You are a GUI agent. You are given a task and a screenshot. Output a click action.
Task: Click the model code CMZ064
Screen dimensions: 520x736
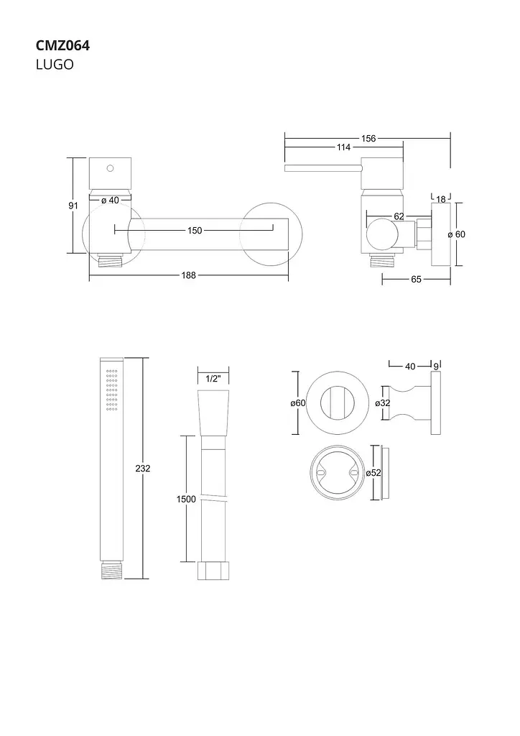tap(62, 45)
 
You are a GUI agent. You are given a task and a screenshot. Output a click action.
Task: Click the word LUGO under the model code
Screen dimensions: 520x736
tap(55, 65)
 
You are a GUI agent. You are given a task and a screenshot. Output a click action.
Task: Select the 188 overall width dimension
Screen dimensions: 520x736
tap(188, 275)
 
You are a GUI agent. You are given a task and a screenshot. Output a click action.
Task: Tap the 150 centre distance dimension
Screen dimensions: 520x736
tap(195, 231)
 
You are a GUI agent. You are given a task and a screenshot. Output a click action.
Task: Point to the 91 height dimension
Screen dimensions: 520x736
tap(73, 206)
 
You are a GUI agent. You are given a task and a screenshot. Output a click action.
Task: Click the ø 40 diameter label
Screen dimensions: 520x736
tap(110, 201)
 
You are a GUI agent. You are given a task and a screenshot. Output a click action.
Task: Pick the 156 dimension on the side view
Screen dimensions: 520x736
tap(368, 139)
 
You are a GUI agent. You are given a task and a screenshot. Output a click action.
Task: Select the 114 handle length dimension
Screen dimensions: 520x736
tap(344, 147)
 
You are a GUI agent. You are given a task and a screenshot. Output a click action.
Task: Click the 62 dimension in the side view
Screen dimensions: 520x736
tap(399, 216)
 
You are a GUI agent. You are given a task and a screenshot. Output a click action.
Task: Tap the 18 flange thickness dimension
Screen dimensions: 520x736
tap(441, 200)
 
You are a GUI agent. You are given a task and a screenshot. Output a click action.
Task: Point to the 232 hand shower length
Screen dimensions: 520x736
tap(142, 469)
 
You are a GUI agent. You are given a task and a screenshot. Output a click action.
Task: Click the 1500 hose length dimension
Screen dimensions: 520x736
tap(186, 500)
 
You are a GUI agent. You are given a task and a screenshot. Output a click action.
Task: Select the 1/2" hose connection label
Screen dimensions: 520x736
tap(213, 379)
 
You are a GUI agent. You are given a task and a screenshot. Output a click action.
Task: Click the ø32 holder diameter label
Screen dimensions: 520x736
tap(383, 402)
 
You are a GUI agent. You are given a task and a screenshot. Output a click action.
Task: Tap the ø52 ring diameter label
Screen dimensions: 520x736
tap(373, 473)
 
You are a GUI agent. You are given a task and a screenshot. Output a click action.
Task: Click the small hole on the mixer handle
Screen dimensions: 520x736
tap(110, 168)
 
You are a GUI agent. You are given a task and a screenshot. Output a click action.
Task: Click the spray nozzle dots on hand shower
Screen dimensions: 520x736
tap(111, 390)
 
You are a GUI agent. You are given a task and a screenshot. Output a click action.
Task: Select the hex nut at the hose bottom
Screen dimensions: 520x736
tap(213, 570)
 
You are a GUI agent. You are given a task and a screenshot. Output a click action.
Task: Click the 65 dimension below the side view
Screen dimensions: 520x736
tap(416, 280)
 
